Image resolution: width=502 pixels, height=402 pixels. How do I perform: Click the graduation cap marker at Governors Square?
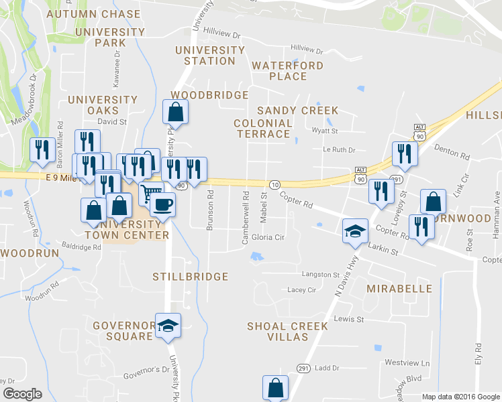[x=168, y=326]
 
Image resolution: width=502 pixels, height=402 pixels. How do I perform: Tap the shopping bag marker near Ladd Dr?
[x=275, y=387]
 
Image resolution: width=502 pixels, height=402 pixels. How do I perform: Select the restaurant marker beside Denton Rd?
[x=405, y=153]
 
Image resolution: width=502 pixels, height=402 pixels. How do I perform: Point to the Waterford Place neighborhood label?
[x=288, y=71]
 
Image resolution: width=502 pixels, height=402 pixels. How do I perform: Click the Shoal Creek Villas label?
[x=287, y=332]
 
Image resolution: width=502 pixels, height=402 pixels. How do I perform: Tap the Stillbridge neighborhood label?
[x=191, y=277]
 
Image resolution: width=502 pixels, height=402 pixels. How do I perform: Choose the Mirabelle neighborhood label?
[x=400, y=289]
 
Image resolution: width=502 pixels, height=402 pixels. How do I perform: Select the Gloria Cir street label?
[x=268, y=238]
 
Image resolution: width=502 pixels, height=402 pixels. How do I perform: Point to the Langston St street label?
[x=321, y=275]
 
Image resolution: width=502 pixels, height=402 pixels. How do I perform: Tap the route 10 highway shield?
[x=274, y=184]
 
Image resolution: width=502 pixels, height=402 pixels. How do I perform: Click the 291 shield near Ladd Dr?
[x=303, y=368]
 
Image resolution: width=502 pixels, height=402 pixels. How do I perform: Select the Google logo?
[x=22, y=394]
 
